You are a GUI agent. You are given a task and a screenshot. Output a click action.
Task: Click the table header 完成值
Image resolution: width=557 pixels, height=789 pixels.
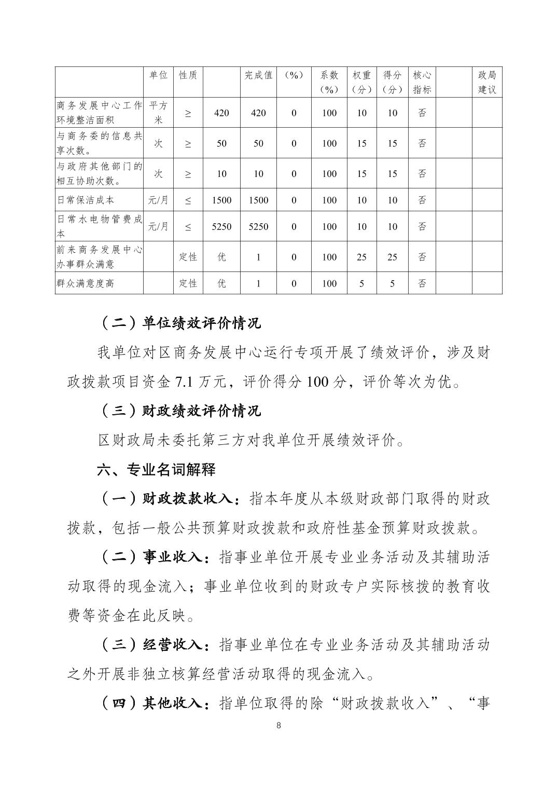[x=258, y=75]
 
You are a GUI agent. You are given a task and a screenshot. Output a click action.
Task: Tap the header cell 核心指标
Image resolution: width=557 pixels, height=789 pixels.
[x=422, y=82]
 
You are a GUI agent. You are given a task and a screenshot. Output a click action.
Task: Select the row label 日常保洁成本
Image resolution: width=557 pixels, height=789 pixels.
[x=86, y=200]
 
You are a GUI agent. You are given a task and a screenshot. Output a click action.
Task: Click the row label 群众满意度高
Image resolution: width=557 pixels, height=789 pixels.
[x=86, y=283]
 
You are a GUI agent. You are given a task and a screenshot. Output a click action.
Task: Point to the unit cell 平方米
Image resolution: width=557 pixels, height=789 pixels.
[x=158, y=113]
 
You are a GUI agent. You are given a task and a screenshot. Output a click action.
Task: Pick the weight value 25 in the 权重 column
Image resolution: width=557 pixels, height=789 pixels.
[x=361, y=257]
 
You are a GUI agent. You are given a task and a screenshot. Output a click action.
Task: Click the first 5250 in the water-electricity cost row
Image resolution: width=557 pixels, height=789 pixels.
[x=221, y=226]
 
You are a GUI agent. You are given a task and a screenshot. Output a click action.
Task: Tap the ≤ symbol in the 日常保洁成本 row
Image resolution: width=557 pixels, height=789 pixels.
[x=188, y=200]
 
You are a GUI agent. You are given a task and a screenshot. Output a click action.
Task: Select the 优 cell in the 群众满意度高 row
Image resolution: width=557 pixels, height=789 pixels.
[x=221, y=283]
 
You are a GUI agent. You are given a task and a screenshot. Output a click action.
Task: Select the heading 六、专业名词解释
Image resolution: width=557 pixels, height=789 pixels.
[x=156, y=470]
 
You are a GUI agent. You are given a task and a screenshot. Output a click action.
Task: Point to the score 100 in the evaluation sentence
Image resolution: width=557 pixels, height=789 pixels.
[x=317, y=383]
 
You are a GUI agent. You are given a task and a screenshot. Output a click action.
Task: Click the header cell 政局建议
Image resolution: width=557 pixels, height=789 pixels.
[x=487, y=82]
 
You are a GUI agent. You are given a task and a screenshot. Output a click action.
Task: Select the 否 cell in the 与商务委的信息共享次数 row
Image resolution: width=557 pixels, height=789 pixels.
[x=422, y=143]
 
